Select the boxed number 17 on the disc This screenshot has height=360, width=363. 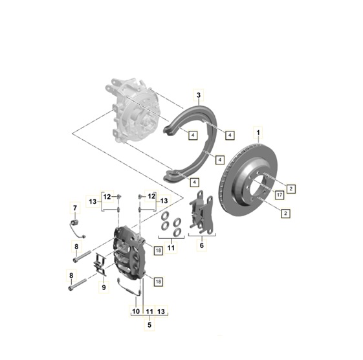pos(280,194)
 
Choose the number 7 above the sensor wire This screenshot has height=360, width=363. pos(74,207)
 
